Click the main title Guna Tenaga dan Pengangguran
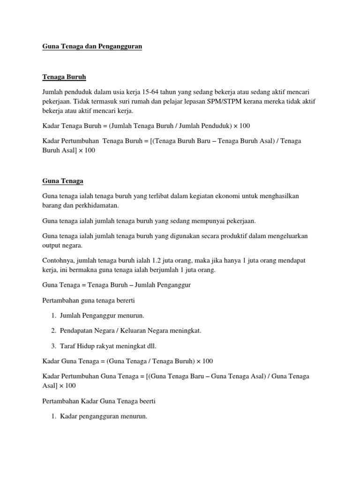click(x=92, y=47)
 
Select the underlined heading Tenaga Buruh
click(x=64, y=77)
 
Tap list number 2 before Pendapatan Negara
click(x=53, y=331)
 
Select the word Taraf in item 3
click(x=68, y=346)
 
